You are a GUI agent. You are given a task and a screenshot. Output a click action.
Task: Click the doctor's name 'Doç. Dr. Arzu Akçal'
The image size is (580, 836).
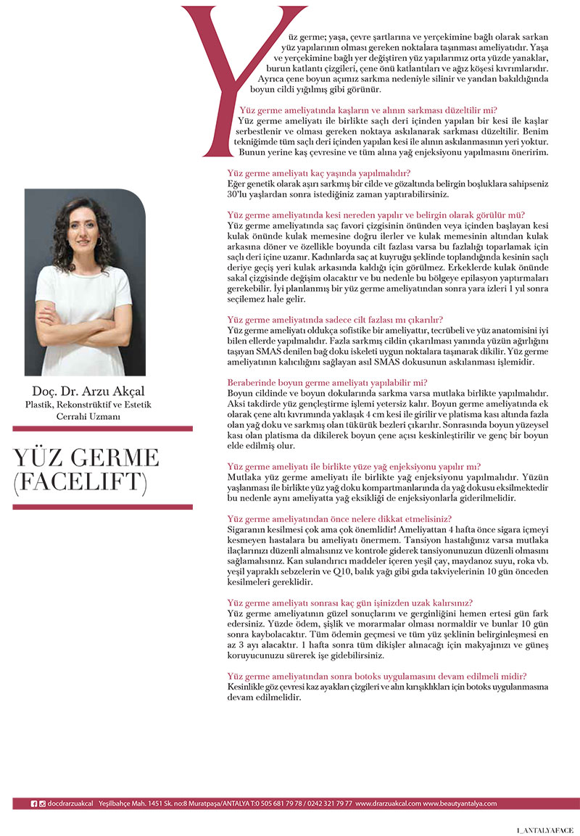[x=89, y=392]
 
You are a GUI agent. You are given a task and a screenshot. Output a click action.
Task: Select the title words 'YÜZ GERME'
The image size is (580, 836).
[x=86, y=458]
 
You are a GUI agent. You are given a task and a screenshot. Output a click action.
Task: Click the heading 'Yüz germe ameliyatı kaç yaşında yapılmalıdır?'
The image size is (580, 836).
[x=319, y=173]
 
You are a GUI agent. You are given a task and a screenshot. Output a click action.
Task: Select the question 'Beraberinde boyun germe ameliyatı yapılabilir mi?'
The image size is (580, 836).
[x=328, y=382]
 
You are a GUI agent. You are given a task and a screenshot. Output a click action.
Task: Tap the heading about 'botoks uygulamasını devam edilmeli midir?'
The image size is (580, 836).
[x=377, y=676]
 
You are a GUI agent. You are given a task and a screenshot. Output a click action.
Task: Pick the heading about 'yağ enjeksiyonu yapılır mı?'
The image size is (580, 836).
[x=354, y=467]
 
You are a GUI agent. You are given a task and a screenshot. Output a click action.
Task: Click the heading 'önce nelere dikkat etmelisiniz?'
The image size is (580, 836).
[x=339, y=519]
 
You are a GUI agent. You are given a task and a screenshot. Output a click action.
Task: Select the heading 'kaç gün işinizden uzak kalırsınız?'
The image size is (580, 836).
[x=350, y=603]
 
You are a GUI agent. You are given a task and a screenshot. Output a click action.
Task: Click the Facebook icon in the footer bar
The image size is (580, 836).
[x=33, y=803]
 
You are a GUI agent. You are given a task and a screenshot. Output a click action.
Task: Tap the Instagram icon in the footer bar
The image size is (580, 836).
[x=42, y=803]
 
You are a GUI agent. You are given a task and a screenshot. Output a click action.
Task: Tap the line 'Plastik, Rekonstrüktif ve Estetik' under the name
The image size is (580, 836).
[x=88, y=405]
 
